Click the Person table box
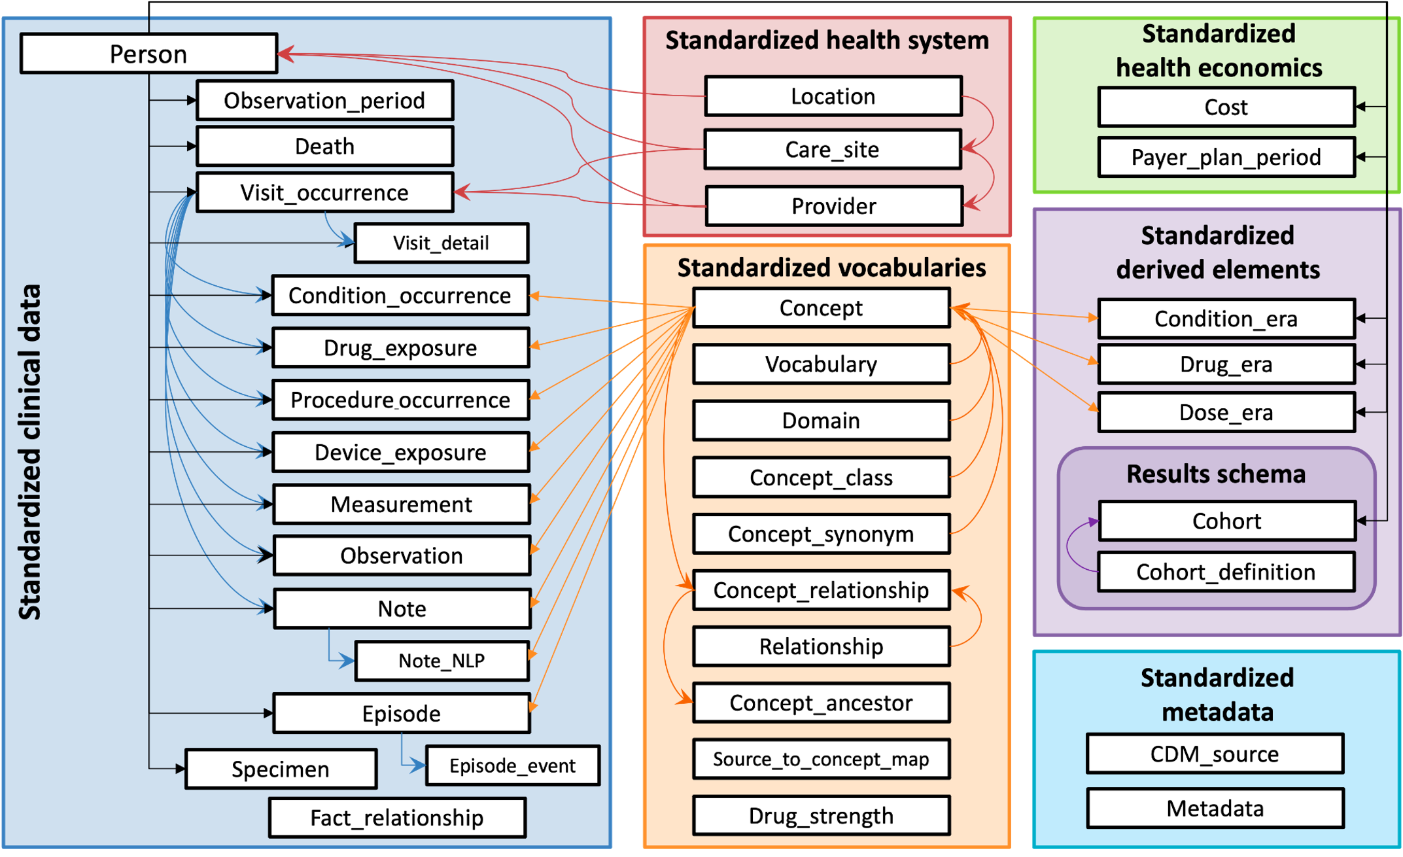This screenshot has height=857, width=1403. (148, 54)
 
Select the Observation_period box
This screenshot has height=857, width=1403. (324, 100)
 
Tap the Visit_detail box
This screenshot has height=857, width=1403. (441, 243)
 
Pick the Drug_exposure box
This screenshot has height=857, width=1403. (400, 348)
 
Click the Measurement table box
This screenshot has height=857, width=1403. (401, 504)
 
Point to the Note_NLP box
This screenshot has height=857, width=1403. (442, 661)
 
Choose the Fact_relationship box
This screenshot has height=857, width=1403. (397, 818)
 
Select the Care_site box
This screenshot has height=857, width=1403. (833, 150)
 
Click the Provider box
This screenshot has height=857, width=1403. (834, 206)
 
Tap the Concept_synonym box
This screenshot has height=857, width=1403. (821, 534)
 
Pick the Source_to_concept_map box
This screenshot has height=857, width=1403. (821, 759)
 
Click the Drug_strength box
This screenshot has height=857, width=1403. (821, 816)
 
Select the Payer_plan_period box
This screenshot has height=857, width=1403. (1226, 157)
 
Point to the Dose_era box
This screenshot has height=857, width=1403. (1226, 413)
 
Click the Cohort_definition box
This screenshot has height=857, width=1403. (1226, 572)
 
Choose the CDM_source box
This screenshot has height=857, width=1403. (1215, 754)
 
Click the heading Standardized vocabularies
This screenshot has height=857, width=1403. (831, 268)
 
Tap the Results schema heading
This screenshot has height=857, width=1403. (1216, 474)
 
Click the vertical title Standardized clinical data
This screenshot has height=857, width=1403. (30, 451)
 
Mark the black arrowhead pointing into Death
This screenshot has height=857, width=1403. (192, 146)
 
